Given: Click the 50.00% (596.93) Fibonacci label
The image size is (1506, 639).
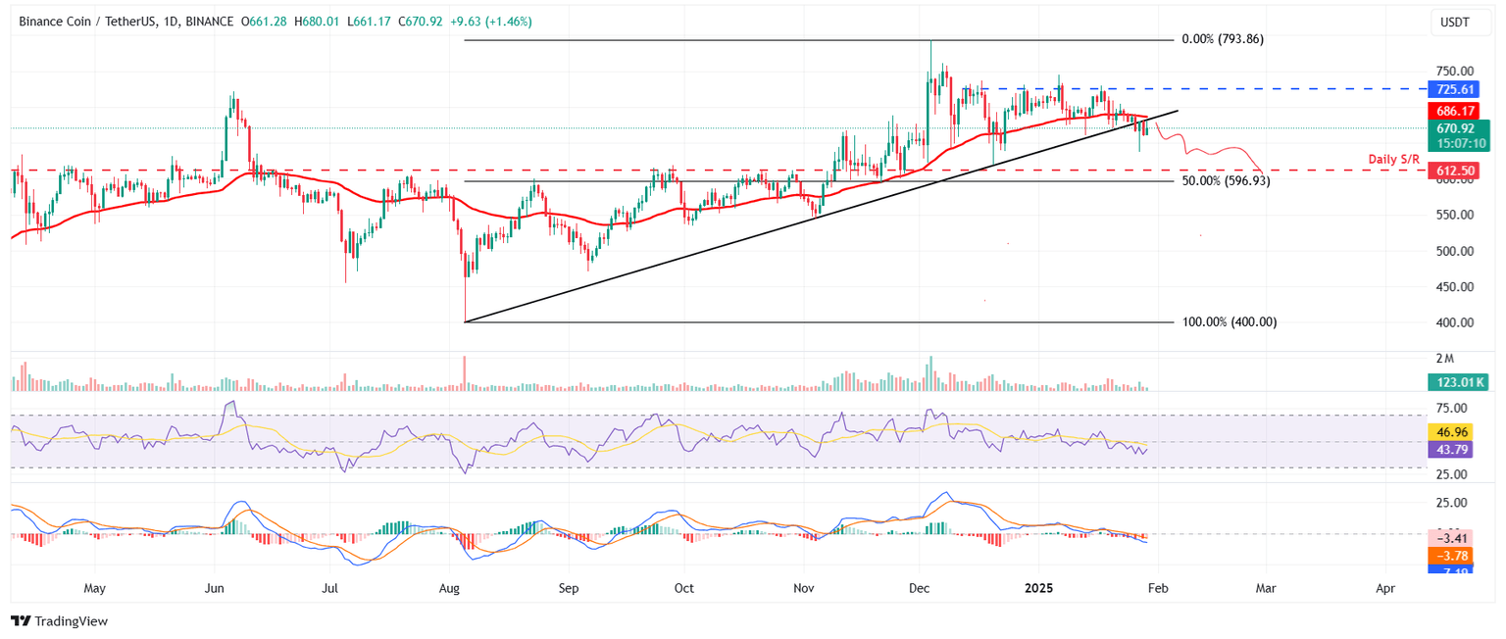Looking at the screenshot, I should pos(1227,181).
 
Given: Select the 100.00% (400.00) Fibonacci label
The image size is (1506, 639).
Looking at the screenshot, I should pos(1230,321).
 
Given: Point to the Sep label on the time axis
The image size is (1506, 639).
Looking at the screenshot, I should pos(569,589).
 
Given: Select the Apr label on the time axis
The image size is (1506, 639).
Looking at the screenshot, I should pos(1385,589).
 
